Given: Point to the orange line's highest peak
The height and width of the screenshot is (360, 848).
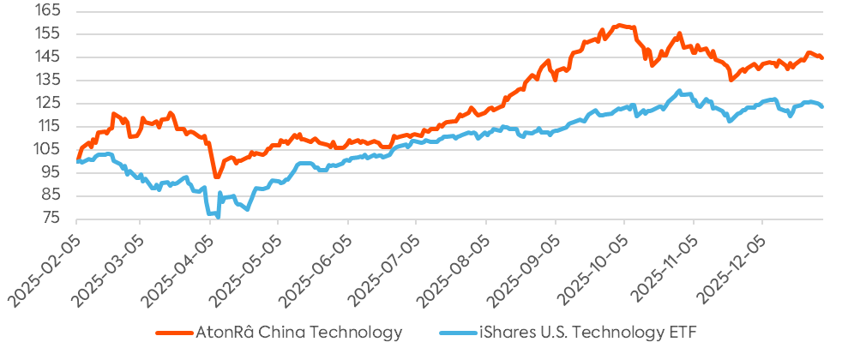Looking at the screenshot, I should click(x=619, y=25).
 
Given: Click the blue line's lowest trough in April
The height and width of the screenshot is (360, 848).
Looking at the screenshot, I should click(x=217, y=216).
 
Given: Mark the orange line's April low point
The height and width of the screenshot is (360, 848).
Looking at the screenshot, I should click(x=216, y=177).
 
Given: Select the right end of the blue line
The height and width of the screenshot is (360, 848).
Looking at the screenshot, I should click(x=823, y=106).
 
